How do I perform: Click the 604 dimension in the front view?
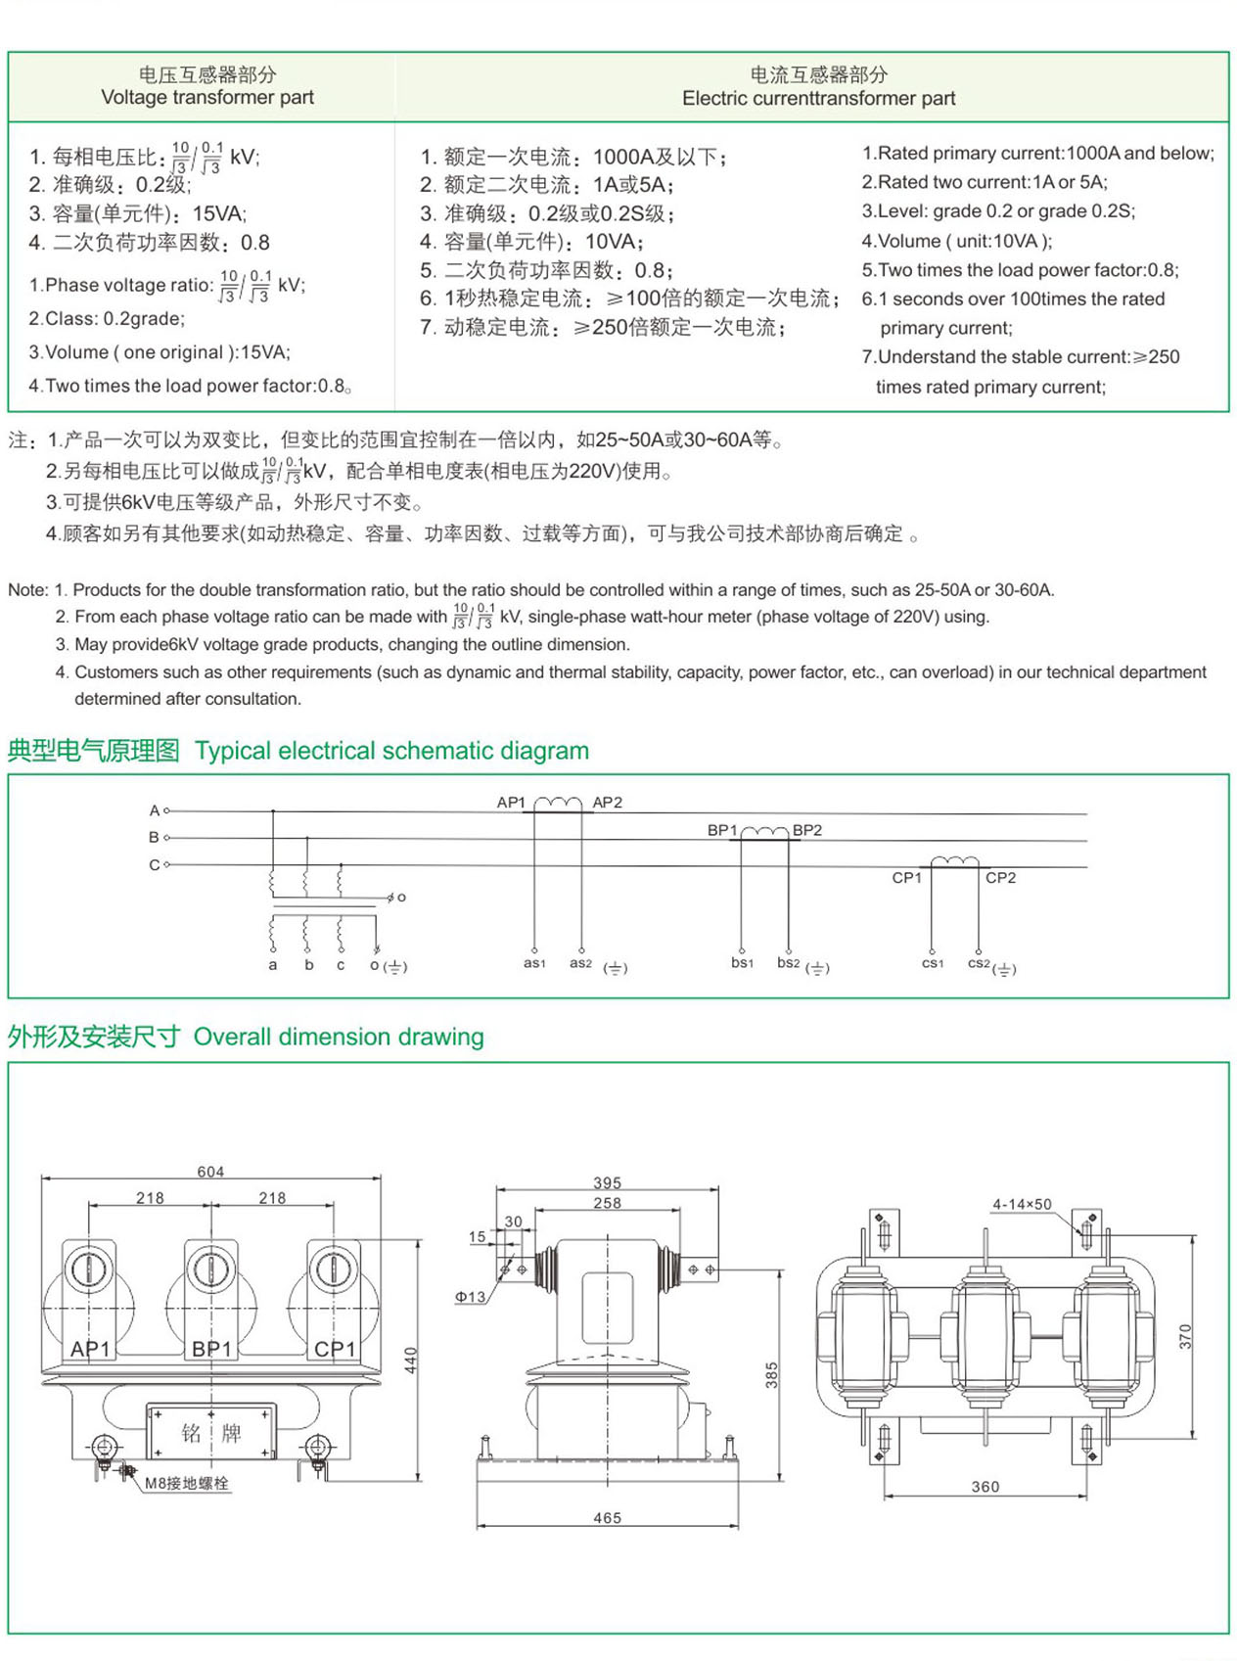point(210,1172)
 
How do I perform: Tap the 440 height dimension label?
point(411,1360)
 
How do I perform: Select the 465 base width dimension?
point(607,1518)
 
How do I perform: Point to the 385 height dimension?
point(772,1375)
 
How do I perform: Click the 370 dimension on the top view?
point(1185,1337)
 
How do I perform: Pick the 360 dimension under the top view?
point(985,1487)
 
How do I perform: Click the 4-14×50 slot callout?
point(1022,1205)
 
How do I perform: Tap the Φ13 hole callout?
point(470,1297)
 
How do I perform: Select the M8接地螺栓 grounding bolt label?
point(187,1484)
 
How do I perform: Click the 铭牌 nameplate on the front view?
point(211,1434)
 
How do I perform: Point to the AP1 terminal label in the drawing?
point(90,1349)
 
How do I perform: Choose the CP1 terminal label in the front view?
point(335,1349)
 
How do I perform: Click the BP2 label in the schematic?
point(807,830)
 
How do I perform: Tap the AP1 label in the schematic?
point(511,803)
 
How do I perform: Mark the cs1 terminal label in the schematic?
point(933,964)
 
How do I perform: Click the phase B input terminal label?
point(154,838)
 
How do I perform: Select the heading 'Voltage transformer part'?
point(207,97)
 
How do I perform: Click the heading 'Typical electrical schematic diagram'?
point(391,751)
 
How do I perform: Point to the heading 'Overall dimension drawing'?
point(339,1037)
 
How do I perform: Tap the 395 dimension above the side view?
point(607,1183)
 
